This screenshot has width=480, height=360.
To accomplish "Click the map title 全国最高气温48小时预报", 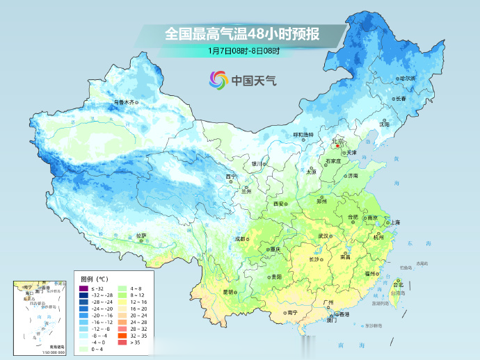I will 243,33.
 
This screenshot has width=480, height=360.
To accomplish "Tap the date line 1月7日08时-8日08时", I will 243,51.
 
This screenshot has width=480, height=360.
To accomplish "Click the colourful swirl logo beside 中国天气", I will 219,80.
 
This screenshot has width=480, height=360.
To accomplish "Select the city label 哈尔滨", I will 406,79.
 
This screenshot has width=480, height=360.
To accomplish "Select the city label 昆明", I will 228,291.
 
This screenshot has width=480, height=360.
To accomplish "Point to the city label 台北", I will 399,284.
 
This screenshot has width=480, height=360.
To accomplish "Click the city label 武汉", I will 323,236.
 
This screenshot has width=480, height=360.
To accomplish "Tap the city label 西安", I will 279,204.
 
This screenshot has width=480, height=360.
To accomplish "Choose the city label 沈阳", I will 384,124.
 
